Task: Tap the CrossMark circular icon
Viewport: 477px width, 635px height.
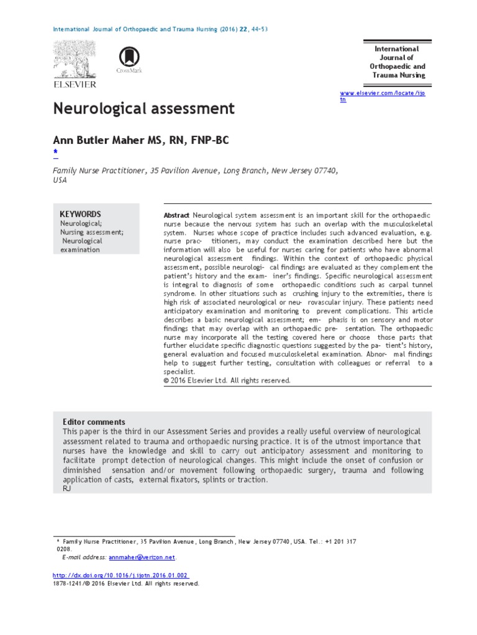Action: tap(129, 57)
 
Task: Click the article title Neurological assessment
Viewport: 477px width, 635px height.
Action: tap(143, 109)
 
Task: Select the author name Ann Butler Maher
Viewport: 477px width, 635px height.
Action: tap(99, 141)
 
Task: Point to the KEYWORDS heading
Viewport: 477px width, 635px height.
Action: tap(80, 213)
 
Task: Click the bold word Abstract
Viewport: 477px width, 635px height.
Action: tap(176, 214)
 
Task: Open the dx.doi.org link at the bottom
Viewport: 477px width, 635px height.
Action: tap(120, 575)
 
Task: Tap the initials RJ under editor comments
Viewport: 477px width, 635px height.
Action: tap(67, 489)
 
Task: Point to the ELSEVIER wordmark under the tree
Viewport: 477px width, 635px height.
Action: tap(75, 84)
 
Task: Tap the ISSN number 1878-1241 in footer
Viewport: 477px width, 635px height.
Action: tap(70, 584)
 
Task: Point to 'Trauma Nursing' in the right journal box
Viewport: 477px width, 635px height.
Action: tap(399, 75)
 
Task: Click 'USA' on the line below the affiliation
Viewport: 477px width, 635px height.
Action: tap(59, 180)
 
